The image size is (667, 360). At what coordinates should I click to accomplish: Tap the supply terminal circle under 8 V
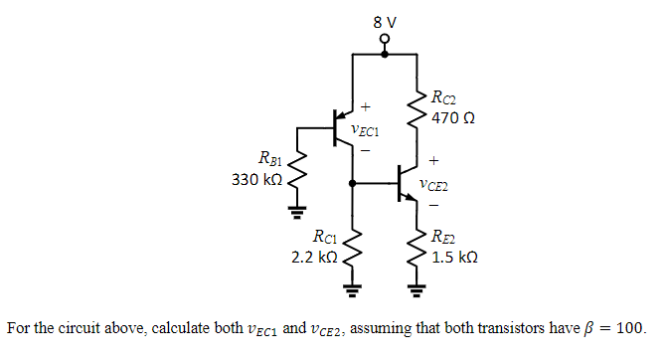[x=384, y=41]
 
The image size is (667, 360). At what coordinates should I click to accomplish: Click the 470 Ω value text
[x=452, y=117]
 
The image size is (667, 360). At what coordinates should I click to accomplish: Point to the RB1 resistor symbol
[x=296, y=176]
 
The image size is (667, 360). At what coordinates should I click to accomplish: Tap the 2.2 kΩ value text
[x=317, y=257]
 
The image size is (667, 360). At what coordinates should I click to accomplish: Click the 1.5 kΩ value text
[x=455, y=257]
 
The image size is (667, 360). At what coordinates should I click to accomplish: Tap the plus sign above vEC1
[x=365, y=105]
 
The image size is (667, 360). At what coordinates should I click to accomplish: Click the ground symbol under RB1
[x=296, y=211]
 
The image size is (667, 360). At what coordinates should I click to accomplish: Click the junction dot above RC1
[x=353, y=183]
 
